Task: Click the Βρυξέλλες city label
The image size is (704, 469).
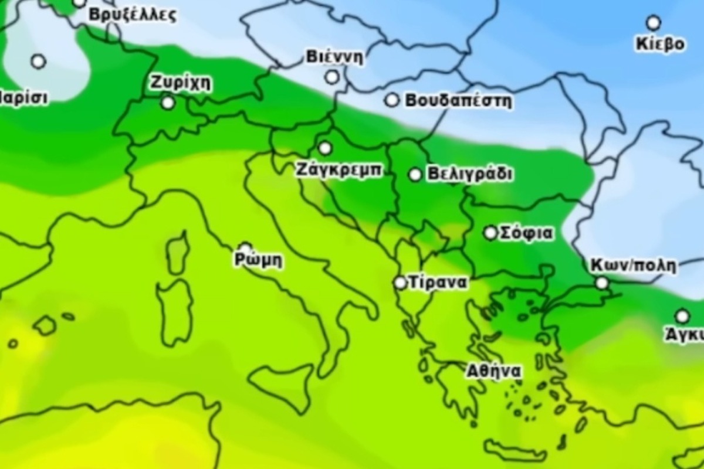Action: [132, 15]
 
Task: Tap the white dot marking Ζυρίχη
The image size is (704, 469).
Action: [168, 103]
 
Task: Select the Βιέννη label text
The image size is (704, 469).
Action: [334, 57]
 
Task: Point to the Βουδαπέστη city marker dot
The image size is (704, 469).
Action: [391, 100]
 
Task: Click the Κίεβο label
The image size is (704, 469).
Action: [659, 45]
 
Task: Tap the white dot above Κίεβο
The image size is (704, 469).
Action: [653, 23]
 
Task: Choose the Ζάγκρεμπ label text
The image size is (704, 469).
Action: [339, 171]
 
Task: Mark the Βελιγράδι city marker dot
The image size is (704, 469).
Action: [415, 174]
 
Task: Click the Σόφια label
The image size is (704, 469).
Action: [526, 233]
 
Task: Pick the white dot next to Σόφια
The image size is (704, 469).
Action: [490, 233]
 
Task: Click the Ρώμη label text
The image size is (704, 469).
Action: [258, 260]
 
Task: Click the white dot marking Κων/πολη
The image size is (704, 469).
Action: [602, 283]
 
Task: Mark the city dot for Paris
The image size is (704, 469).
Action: [38, 61]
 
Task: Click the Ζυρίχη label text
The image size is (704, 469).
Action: [180, 83]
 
